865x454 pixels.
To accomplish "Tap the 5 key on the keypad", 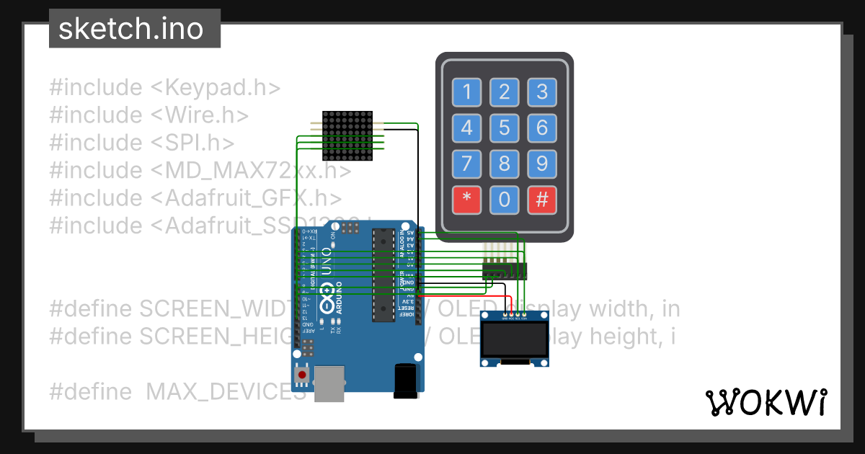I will [505, 128].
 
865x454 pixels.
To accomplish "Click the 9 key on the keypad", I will [542, 165].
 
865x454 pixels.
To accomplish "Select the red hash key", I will [542, 200].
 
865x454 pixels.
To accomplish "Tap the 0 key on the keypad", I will [505, 200].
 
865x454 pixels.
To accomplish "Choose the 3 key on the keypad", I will [542, 92].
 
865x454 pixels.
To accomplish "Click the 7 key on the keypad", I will [467, 165].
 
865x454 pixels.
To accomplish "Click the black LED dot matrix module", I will [347, 135].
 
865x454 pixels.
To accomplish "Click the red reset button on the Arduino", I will [303, 375].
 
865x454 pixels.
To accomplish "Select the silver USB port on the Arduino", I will [329, 382].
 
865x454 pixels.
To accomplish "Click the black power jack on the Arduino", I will [406, 380].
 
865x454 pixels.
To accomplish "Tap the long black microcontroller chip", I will [383, 274].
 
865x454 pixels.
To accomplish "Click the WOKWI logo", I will [766, 402].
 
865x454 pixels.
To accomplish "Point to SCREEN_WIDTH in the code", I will [216, 308].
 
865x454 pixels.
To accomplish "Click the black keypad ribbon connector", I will [505, 271].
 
